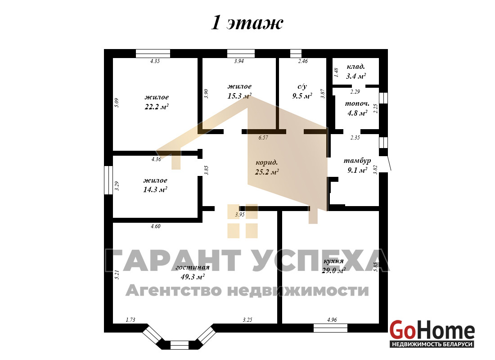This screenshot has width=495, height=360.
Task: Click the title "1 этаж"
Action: click(247, 23)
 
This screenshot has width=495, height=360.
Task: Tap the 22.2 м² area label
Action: click(157, 107)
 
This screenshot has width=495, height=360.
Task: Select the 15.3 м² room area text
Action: click(239, 96)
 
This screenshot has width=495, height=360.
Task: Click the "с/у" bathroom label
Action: click(302, 86)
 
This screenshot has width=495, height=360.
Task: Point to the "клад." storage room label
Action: click(356, 67)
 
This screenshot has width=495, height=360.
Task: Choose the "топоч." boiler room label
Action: click(357, 103)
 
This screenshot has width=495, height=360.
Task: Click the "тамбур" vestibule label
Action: click(357, 161)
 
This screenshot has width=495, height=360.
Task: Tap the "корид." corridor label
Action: click(267, 162)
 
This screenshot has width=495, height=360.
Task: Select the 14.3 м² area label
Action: click(155, 190)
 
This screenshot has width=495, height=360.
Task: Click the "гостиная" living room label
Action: click(192, 267)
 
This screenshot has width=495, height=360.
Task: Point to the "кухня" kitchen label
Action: click(333, 261)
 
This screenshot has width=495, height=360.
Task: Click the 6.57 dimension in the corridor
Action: click(263, 137)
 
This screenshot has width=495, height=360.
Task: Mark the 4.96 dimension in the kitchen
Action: click(332, 320)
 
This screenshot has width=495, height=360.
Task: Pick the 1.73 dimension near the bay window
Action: click(130, 320)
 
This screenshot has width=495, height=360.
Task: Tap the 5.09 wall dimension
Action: click(117, 103)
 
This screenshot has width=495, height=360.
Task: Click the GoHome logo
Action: click(432, 334)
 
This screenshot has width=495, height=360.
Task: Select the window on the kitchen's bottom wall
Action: click(330, 328)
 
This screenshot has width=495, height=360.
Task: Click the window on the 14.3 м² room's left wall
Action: click(108, 180)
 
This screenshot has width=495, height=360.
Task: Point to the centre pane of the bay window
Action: click(179, 345)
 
